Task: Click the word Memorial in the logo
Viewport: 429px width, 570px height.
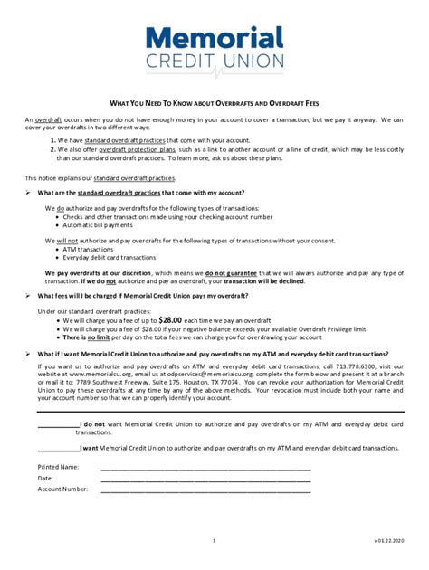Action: (x=214, y=39)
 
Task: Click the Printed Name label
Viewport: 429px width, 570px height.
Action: (x=58, y=467)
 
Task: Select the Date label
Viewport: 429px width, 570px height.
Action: (x=45, y=478)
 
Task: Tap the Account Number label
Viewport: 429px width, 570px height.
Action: (x=62, y=489)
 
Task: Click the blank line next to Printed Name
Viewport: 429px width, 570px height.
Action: (x=205, y=469)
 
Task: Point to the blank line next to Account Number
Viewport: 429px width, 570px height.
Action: (x=205, y=490)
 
